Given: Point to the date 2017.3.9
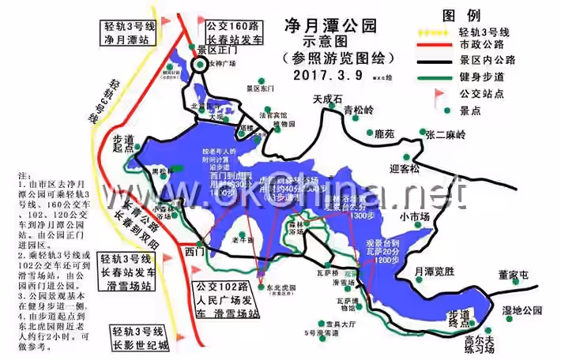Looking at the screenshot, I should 327,75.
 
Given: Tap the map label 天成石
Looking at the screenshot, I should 327,99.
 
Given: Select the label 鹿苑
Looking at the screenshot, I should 384,135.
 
